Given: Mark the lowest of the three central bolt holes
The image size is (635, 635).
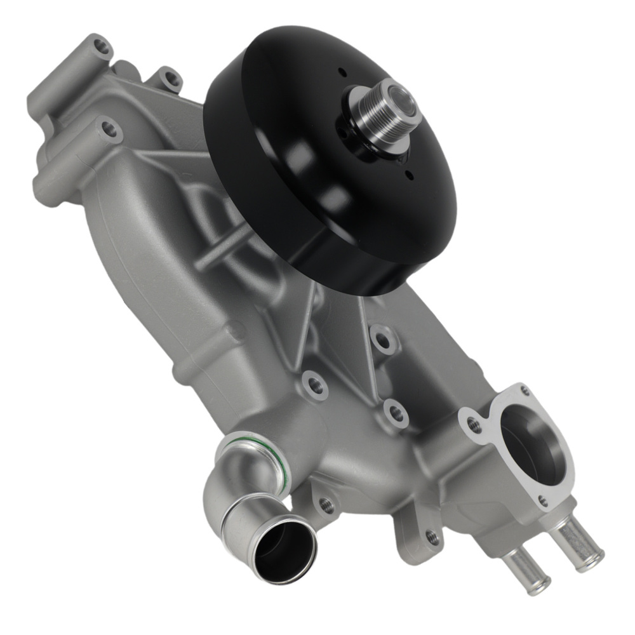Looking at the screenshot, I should pos(396,414).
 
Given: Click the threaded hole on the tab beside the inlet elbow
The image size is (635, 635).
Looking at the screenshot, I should pos(326,505).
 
